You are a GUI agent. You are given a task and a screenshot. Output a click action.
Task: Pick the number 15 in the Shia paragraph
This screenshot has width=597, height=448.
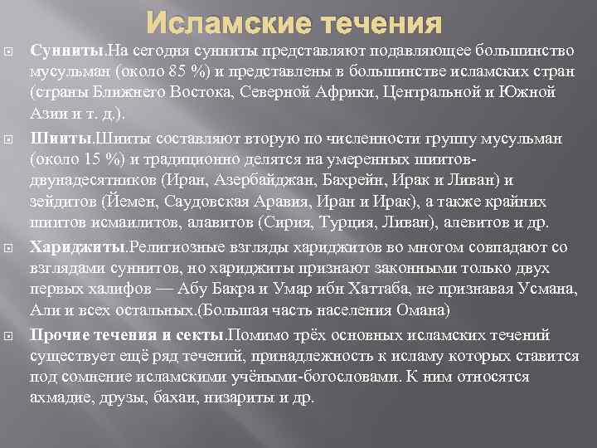click(85, 158)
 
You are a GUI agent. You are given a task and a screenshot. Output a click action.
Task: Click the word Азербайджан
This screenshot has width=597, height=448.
click(240, 179)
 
